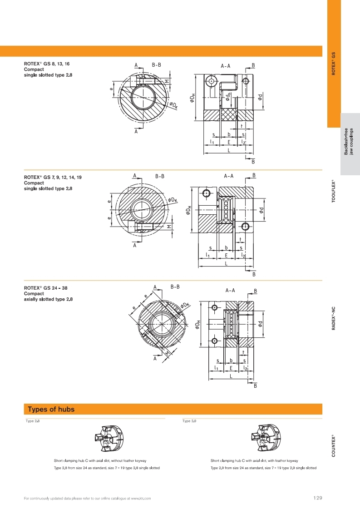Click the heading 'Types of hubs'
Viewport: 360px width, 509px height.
(x=51, y=409)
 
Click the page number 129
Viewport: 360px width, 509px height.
(x=318, y=498)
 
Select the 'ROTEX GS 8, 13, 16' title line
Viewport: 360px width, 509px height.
(x=47, y=64)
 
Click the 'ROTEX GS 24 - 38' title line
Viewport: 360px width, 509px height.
(x=47, y=288)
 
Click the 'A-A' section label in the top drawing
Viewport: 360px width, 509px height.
(x=226, y=66)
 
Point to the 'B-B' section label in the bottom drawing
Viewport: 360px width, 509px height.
(x=175, y=287)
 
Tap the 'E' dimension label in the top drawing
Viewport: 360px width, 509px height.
(x=229, y=142)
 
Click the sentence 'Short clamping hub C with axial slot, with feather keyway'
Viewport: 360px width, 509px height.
(x=254, y=460)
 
